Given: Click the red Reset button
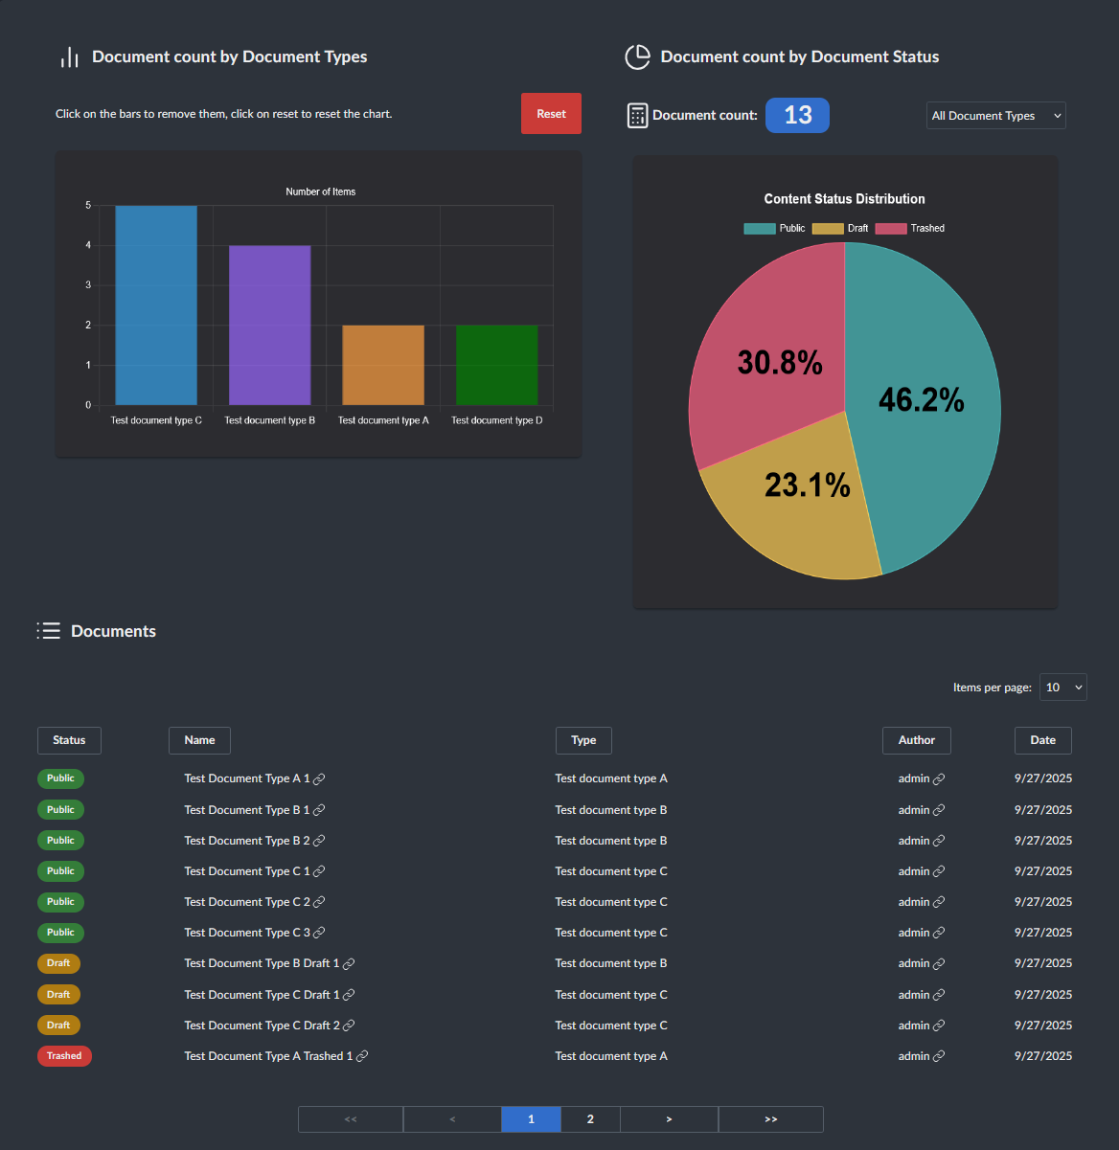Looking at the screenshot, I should (551, 114).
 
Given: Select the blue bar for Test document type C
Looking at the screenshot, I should (156, 306).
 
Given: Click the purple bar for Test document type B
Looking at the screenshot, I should (269, 326).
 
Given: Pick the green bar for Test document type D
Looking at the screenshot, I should (496, 365).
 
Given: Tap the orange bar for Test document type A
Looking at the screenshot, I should (383, 365).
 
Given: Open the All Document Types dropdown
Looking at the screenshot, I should (996, 116).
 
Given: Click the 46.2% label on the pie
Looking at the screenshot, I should (921, 399).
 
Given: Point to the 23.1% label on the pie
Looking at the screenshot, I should (807, 485).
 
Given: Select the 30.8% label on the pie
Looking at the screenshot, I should (779, 363).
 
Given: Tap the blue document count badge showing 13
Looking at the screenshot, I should (797, 116).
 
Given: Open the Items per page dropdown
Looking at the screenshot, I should (1063, 688).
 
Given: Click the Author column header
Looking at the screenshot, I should (916, 740).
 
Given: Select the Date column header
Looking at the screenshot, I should (1042, 740).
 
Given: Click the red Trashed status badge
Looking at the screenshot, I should (64, 1056).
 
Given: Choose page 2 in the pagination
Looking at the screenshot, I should (590, 1119).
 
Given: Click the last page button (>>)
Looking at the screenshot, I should (770, 1119).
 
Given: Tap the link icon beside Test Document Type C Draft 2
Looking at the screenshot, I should (349, 1026).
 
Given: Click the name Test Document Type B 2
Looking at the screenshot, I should (246, 841).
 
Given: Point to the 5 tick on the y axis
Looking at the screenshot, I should (88, 206).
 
